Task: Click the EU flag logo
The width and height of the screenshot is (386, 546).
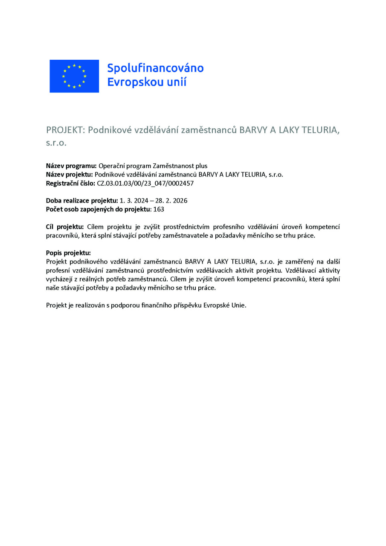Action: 74,76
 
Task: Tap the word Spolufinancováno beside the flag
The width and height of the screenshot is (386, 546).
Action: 155,68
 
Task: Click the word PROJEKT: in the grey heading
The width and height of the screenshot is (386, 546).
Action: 65,130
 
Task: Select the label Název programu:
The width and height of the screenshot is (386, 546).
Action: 72,166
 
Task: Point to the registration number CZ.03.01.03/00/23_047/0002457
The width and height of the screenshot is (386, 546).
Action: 145,183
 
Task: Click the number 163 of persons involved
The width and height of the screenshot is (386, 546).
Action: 159,209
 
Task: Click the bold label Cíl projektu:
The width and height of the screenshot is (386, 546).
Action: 65,227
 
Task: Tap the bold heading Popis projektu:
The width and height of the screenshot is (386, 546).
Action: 68,253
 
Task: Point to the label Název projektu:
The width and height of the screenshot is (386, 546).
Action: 70,174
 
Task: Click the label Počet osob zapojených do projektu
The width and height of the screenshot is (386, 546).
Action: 99,209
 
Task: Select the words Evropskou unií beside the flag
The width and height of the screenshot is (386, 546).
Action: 147,82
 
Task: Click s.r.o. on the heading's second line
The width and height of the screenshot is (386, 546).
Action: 56,143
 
